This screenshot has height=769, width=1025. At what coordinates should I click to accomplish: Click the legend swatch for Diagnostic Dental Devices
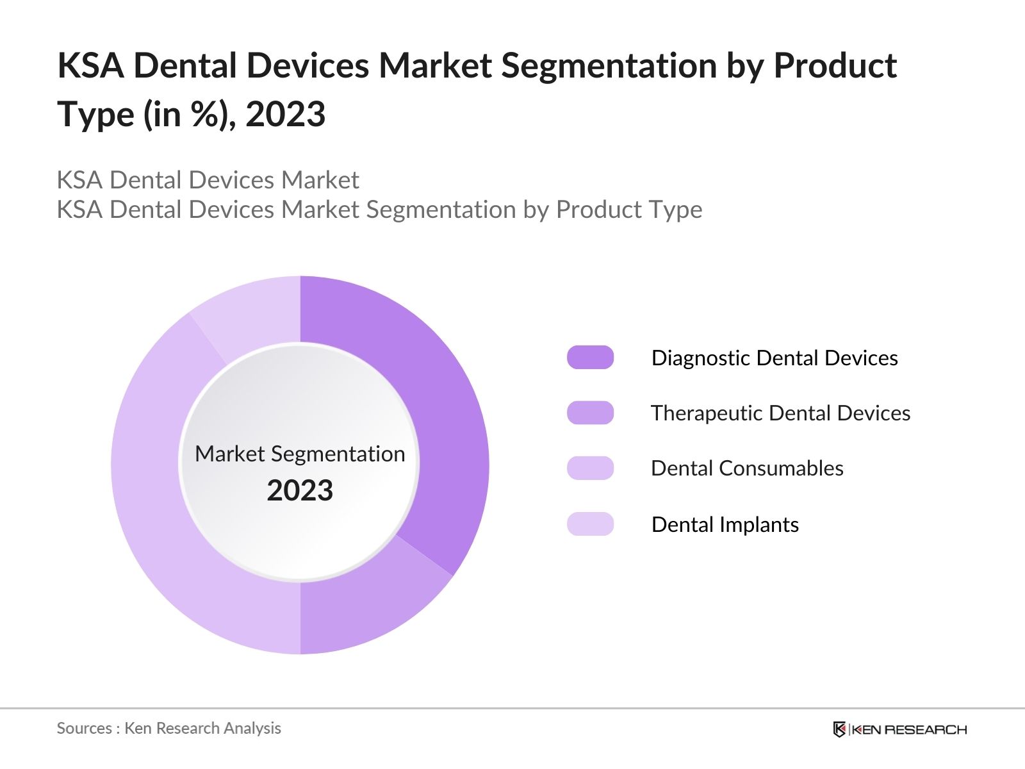tap(590, 358)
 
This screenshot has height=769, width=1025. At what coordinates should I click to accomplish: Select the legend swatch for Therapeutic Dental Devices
tap(590, 413)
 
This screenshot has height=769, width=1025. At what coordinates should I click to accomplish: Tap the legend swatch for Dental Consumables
tap(590, 468)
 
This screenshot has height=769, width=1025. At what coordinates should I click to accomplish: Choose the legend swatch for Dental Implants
tap(590, 524)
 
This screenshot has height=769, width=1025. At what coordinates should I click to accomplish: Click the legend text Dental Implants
tap(725, 524)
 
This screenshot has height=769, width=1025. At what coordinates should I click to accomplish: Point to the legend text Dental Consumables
tap(747, 468)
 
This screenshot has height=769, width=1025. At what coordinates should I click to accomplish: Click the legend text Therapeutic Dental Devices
tap(780, 413)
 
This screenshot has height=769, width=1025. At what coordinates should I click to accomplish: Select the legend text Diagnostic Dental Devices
tap(775, 358)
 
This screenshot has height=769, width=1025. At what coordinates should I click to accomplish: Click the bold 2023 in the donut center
tap(300, 491)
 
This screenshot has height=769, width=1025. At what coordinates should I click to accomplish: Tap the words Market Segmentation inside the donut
tap(300, 454)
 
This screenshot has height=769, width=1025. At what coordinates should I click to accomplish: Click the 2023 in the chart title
tap(285, 115)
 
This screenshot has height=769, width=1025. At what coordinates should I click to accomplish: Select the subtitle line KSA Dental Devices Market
tap(208, 180)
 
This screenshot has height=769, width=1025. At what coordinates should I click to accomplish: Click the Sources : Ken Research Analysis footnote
tap(168, 728)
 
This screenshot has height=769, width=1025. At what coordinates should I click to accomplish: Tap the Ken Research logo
tap(899, 729)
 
